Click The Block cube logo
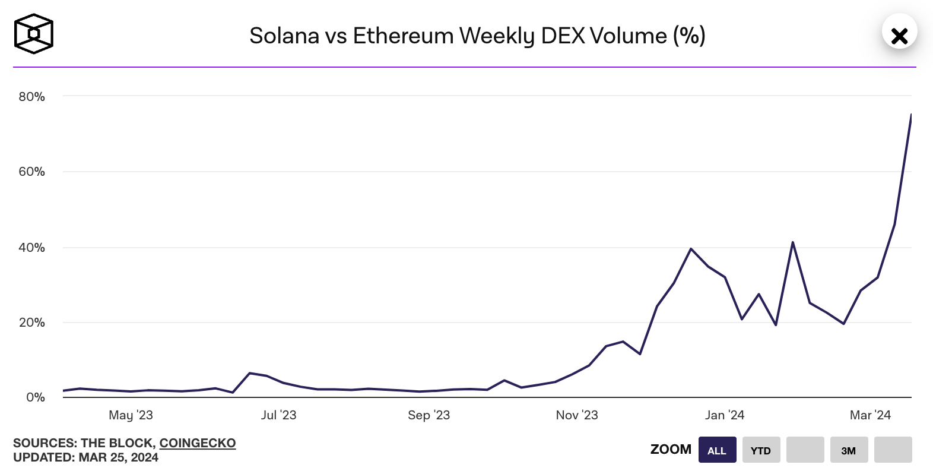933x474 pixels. (34, 34)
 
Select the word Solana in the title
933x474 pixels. (284, 36)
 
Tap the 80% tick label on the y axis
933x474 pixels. (32, 97)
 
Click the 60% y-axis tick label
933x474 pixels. (32, 172)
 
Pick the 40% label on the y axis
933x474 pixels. (32, 248)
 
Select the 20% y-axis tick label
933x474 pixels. (32, 323)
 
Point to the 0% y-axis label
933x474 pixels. (36, 397)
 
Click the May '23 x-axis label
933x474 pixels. (131, 415)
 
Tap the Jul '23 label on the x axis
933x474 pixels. (278, 415)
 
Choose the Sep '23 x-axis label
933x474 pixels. (429, 415)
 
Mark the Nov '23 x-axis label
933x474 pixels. (577, 415)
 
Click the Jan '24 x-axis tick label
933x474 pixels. (725, 415)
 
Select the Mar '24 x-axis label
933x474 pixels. (870, 415)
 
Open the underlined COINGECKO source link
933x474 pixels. (198, 443)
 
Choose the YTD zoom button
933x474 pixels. (761, 450)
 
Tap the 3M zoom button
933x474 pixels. (849, 450)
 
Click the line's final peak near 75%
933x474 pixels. (910, 115)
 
